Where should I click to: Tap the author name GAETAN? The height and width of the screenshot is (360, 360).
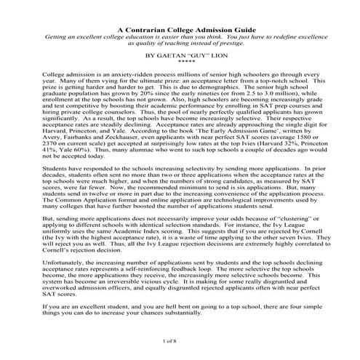click(174, 55)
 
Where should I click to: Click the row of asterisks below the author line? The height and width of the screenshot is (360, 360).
click(180, 61)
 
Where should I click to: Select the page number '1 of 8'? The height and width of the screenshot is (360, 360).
click(180, 339)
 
